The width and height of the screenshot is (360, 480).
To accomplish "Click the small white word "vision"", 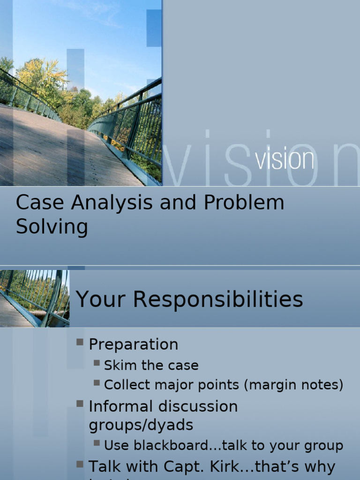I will coord(285,160).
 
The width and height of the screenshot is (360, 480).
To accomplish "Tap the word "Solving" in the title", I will coord(52,227).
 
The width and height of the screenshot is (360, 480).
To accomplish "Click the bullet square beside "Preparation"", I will coord(80,342).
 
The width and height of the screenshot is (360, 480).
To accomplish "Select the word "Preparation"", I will coord(134,345).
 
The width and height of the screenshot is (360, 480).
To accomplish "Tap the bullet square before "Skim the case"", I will coord(97,363).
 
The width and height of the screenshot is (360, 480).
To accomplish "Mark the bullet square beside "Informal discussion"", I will coord(80,404).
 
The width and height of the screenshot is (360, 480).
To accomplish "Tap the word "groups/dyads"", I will coord(141,425).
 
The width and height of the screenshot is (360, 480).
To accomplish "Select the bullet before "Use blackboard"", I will coord(97,442).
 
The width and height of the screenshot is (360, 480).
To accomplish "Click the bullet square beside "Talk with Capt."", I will coord(80,465).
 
